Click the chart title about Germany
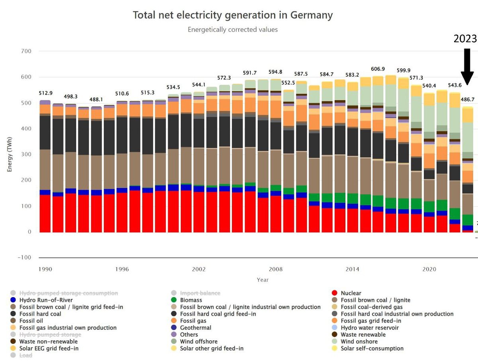click(x=232, y=15)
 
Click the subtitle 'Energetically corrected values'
click(x=233, y=29)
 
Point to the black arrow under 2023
click(x=467, y=66)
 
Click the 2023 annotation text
click(x=465, y=39)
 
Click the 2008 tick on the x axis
click(x=275, y=270)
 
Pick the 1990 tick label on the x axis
click(x=45, y=270)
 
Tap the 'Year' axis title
click(x=263, y=280)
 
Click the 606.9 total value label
click(x=378, y=69)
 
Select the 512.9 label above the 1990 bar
click(x=46, y=93)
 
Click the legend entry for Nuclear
click(x=351, y=293)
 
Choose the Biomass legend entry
click(x=191, y=300)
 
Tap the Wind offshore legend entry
click(x=199, y=341)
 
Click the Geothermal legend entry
click(x=196, y=328)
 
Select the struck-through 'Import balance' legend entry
click(x=200, y=293)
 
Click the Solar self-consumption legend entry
click(x=372, y=348)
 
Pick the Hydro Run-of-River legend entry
click(x=46, y=300)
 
